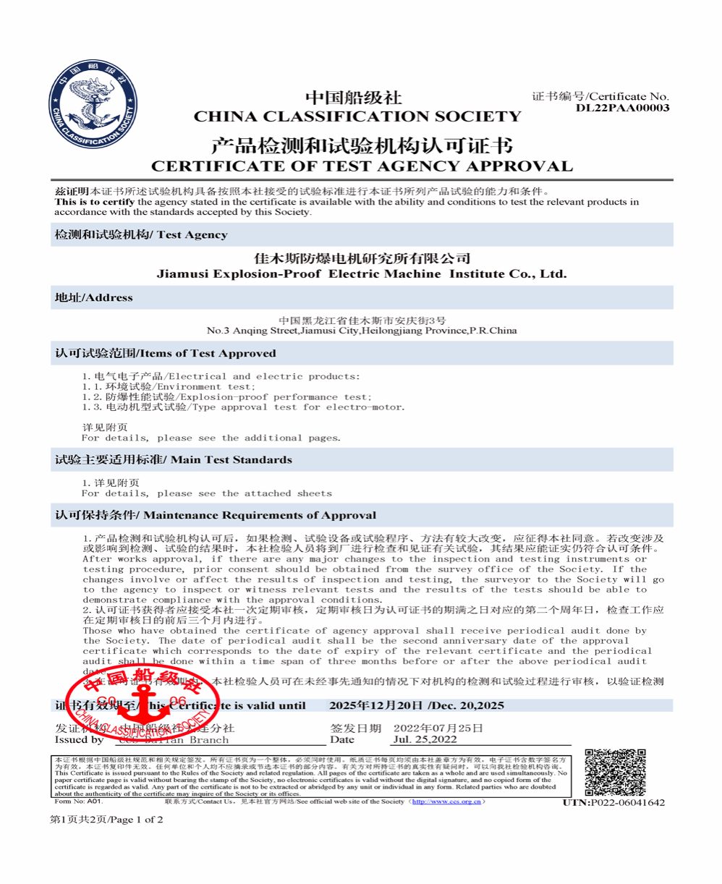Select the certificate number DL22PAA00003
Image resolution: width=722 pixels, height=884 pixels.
click(622, 109)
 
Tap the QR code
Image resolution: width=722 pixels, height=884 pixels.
click(614, 773)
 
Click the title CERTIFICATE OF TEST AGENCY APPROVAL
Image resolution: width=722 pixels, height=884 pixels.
click(361, 166)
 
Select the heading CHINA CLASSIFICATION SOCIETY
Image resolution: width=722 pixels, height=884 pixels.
click(357, 116)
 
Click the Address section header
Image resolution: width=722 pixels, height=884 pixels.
click(94, 297)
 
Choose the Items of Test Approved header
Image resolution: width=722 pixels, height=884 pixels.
click(166, 353)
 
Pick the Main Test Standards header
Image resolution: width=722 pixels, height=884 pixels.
click(174, 459)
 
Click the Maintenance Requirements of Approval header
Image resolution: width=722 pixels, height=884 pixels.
click(216, 515)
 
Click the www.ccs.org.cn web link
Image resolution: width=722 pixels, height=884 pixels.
click(442, 802)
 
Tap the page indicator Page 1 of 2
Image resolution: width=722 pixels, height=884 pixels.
click(106, 820)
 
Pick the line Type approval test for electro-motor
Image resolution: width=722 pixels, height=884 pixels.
click(244, 407)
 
